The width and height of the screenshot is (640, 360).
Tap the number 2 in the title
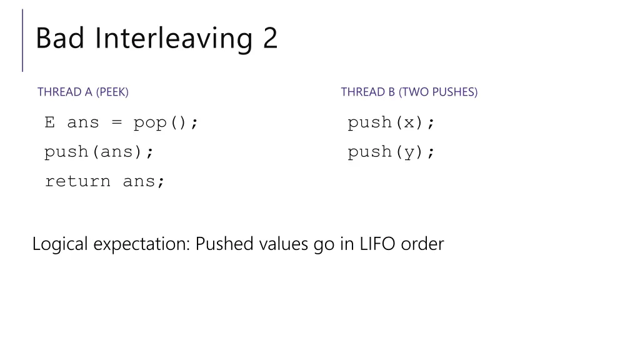coord(270,39)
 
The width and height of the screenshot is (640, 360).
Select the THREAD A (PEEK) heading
coord(83,92)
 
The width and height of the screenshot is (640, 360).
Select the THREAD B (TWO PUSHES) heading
coord(409,92)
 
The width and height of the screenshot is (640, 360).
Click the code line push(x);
coord(391,122)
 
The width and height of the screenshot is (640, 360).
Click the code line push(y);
coord(391,152)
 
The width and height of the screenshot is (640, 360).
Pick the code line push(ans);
coord(99,152)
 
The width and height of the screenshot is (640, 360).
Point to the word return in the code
coord(77,181)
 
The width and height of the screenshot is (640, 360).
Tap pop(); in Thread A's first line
coord(166,122)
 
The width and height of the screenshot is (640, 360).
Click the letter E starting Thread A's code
coord(50,122)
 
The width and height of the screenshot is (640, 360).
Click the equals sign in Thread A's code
coord(116,122)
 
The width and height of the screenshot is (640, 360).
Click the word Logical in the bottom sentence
coord(60,244)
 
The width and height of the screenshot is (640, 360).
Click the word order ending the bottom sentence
coord(422,244)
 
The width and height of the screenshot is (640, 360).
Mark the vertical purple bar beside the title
coord(23,40)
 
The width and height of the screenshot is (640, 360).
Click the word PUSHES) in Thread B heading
coord(454,92)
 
